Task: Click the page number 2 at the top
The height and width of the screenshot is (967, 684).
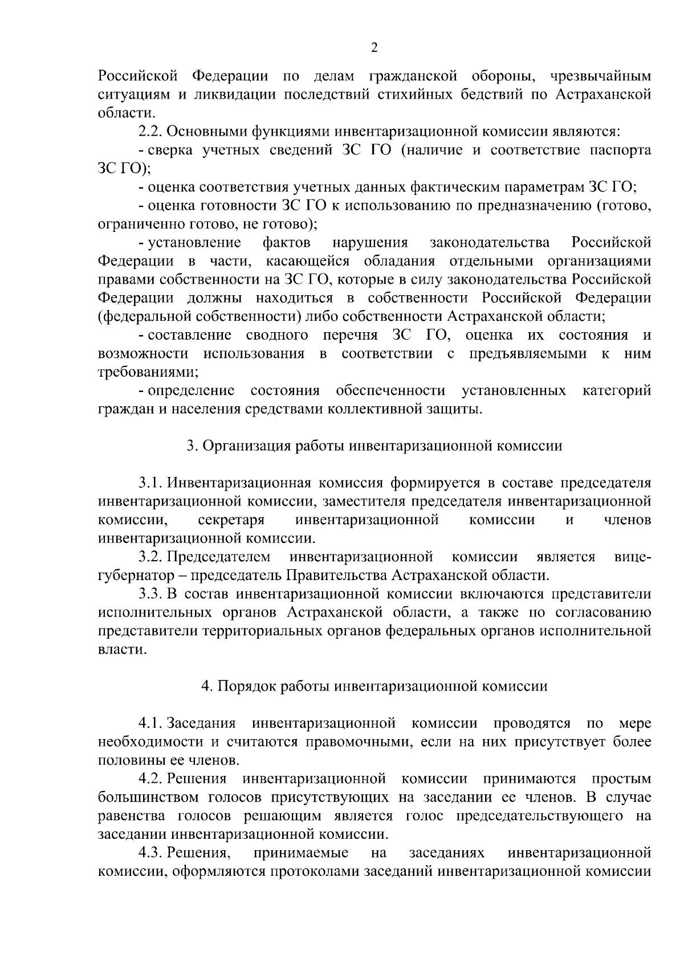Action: pos(374,48)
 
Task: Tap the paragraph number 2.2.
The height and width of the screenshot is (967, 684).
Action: pos(150,132)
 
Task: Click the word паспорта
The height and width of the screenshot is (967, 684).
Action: pos(621,150)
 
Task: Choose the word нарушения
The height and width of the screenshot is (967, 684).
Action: pos(370,243)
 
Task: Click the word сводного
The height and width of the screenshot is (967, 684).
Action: pos(277,335)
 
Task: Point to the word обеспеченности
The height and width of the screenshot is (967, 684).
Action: pos(390,390)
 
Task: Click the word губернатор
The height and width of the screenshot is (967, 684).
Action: pos(133,576)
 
